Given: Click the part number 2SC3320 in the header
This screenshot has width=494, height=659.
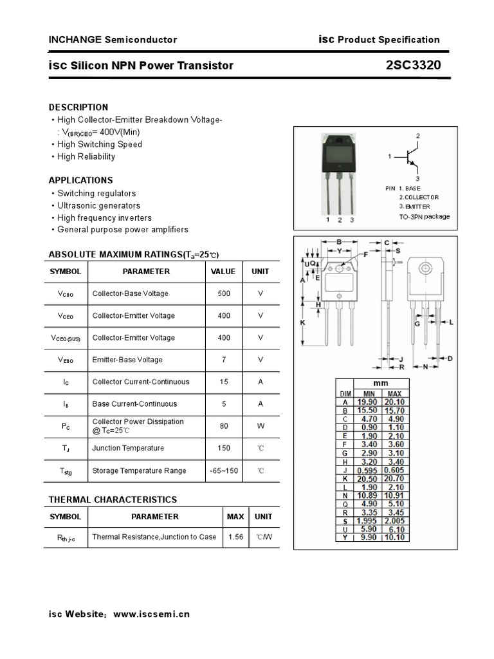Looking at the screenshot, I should (x=414, y=65).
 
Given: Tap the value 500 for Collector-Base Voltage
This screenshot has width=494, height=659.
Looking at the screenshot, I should (x=223, y=293).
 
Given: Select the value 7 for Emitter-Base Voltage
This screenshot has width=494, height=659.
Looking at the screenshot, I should (x=223, y=360).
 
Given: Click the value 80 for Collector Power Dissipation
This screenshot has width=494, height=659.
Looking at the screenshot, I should (x=223, y=425).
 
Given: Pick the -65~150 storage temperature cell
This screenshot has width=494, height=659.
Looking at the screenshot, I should (x=223, y=470).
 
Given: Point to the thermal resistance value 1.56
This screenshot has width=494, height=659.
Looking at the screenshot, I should (x=235, y=537).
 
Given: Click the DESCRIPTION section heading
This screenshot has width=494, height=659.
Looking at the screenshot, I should (x=78, y=107).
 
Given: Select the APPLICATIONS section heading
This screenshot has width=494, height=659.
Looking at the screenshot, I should (x=81, y=180).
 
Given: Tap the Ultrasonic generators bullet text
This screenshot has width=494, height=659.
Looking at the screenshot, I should (x=98, y=205).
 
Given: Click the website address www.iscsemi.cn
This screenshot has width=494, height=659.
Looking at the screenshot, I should (x=152, y=614).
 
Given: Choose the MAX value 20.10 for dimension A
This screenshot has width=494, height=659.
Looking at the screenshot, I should (x=394, y=402).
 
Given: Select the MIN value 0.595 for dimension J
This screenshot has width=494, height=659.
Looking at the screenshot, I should (x=368, y=470).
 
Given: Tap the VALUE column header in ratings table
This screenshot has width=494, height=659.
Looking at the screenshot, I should (x=223, y=272).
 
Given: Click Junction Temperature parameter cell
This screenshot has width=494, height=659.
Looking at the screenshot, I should (x=128, y=448).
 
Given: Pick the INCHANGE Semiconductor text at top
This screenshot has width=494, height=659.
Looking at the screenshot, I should (x=113, y=40).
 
